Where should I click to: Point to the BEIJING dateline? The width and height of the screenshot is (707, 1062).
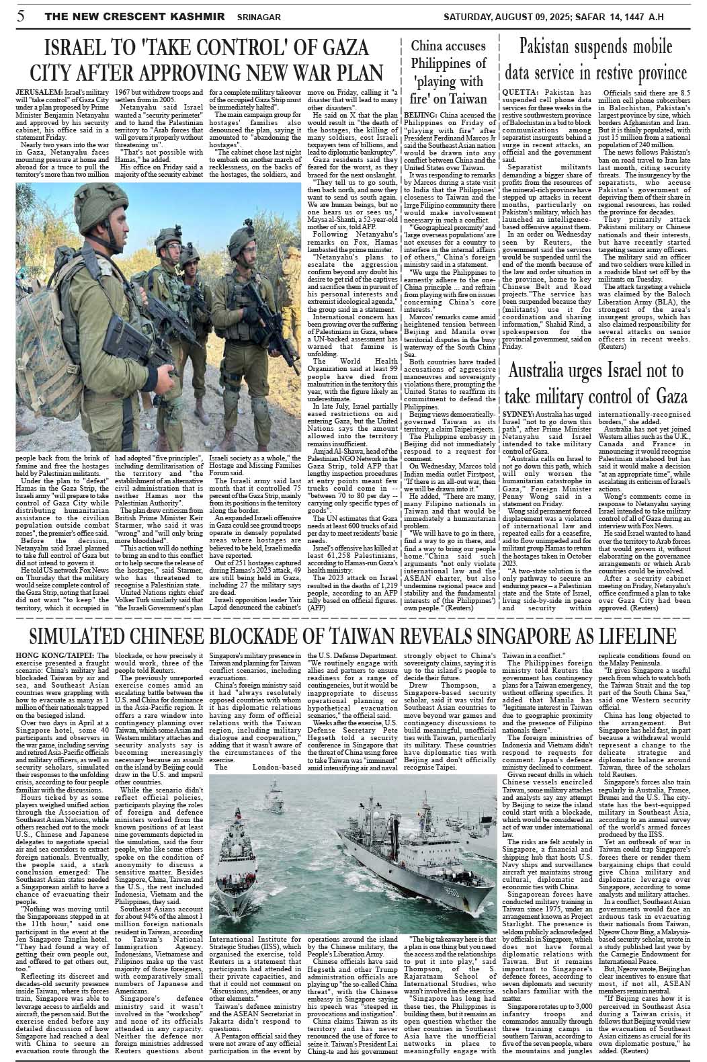tap(419, 115)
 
